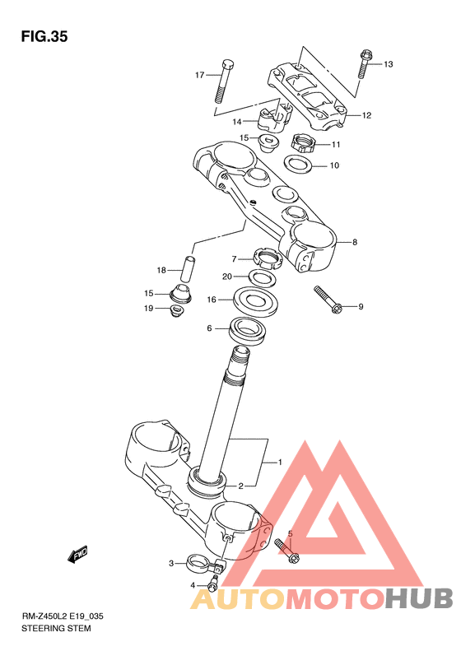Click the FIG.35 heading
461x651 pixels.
(44, 37)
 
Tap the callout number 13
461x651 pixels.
(388, 64)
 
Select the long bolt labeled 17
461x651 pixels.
(224, 81)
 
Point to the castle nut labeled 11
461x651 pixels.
(304, 143)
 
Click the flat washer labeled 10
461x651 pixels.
(299, 164)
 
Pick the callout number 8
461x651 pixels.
(354, 242)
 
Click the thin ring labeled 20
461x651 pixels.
(263, 277)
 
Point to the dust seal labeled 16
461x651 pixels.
(255, 300)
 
